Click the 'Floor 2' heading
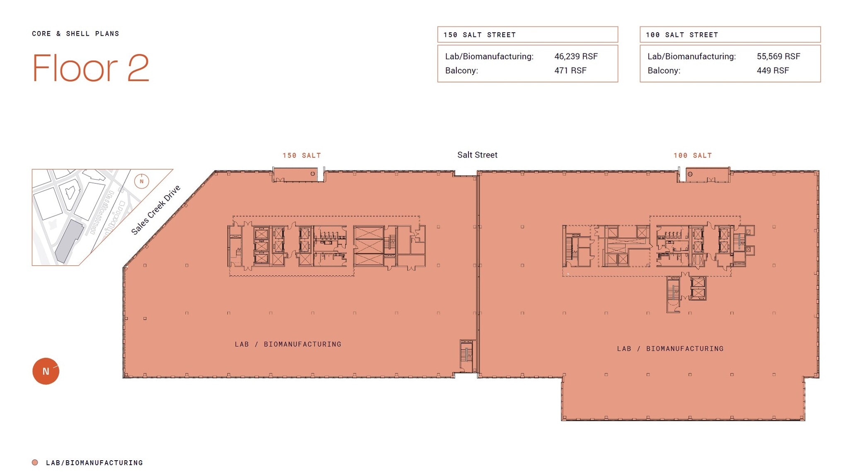pos(90,68)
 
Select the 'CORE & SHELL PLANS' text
pos(75,34)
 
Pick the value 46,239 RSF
pos(576,56)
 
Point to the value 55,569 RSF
pos(778,56)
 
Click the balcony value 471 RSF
pos(570,70)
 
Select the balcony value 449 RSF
pos(772,70)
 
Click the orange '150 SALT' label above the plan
pos(302,155)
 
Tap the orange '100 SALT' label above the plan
pos(692,155)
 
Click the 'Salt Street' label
pos(477,155)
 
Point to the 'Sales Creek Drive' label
pos(155,210)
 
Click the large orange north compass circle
pos(46,371)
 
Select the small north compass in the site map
pos(141,181)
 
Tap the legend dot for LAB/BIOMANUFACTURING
pos(35,462)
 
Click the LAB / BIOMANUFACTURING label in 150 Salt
pos(288,344)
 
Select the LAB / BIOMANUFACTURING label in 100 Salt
pos(670,349)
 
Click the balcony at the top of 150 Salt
pos(295,175)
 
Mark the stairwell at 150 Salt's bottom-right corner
pos(466,356)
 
